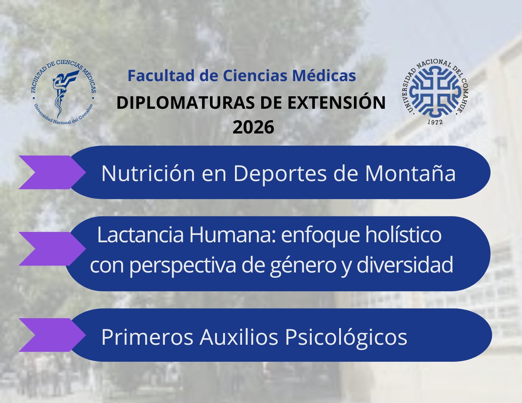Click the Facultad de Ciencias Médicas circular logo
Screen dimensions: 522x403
[x=64, y=92]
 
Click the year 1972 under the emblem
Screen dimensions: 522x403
[x=435, y=122]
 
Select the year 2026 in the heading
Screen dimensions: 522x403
[x=253, y=127]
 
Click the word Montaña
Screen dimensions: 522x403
[x=410, y=173]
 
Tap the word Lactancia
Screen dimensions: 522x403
[x=140, y=235]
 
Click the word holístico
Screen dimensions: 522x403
[x=403, y=235]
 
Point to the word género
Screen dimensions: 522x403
[x=303, y=265]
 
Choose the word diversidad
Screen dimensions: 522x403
[x=405, y=264]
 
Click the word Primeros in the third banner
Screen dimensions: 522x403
[x=147, y=337]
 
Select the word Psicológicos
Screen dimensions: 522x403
[x=346, y=337]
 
